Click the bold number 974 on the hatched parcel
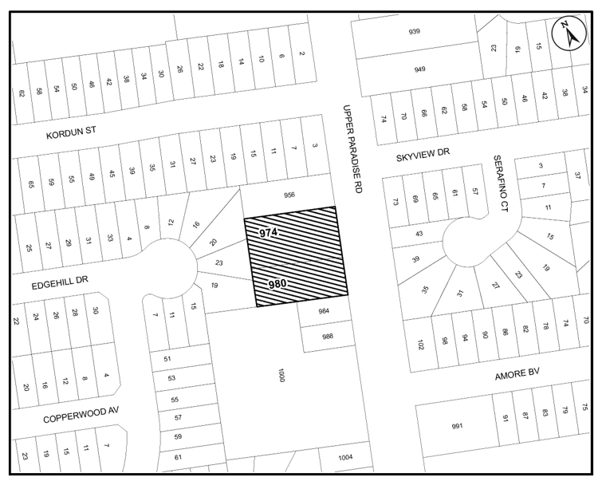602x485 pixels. [x=268, y=233]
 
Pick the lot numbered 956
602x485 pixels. [x=285, y=194]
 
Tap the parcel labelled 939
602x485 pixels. [x=414, y=32]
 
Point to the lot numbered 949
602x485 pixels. [x=419, y=69]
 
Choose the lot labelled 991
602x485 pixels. [x=457, y=426]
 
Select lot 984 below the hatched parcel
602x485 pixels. [x=325, y=312]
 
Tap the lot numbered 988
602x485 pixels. [x=327, y=336]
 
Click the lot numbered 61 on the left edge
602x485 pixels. [x=179, y=457]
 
